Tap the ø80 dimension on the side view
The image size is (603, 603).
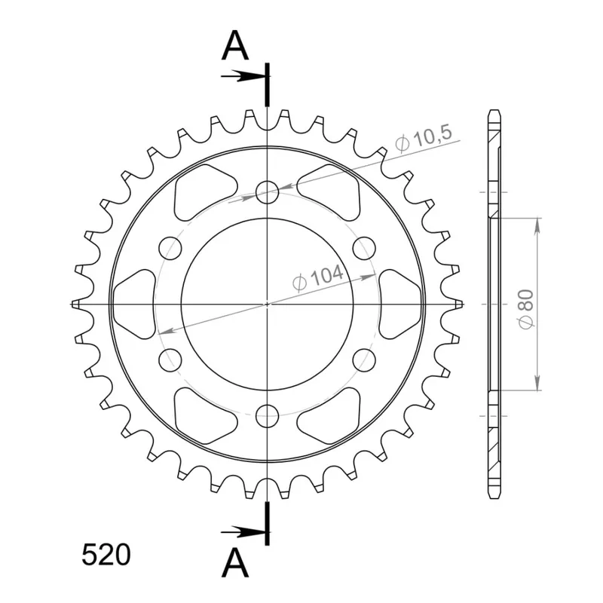[526, 309]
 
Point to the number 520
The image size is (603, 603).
[106, 556]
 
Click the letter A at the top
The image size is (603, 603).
[235, 46]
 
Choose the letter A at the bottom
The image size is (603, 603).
[235, 563]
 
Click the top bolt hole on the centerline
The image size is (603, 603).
[268, 192]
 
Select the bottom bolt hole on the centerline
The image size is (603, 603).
[268, 416]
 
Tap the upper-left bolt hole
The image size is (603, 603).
[170, 248]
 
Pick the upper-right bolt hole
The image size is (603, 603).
[364, 248]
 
